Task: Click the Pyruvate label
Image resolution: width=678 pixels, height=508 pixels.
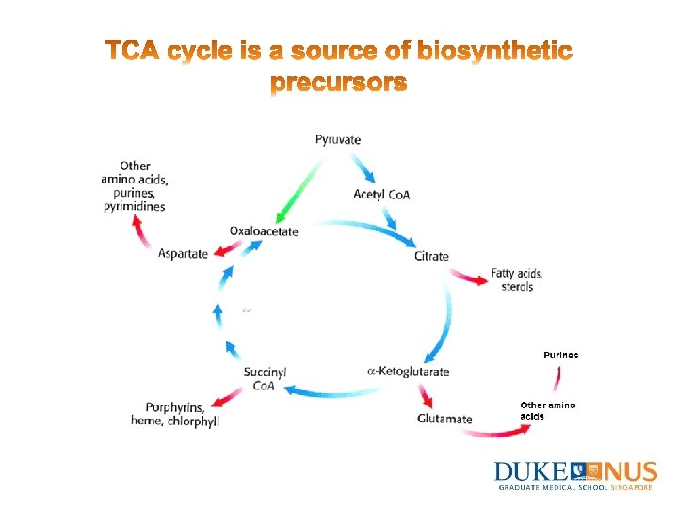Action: (338, 140)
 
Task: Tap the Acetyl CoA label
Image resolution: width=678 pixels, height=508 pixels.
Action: (381, 195)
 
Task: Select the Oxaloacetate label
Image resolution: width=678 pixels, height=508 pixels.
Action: (264, 231)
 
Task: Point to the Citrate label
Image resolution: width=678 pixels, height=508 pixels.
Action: (431, 256)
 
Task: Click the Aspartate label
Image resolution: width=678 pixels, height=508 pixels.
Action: (183, 254)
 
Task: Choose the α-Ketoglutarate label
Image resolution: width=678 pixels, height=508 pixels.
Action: (408, 372)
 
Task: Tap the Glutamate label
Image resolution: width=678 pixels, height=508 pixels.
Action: (444, 419)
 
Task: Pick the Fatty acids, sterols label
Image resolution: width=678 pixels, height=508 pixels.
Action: (517, 279)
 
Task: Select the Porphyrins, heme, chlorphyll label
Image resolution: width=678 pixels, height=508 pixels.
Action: (176, 414)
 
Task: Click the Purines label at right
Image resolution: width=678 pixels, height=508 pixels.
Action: (561, 355)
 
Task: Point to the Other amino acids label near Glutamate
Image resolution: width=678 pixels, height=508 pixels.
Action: (547, 410)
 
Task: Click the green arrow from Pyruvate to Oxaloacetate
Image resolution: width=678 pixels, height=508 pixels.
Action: (299, 186)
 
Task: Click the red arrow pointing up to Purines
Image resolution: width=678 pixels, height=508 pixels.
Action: (557, 379)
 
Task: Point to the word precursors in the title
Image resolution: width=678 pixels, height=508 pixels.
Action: (339, 84)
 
